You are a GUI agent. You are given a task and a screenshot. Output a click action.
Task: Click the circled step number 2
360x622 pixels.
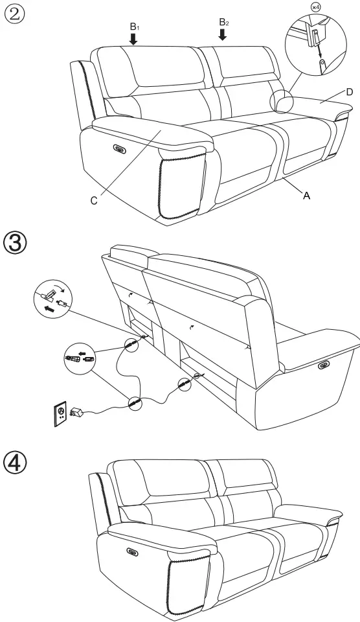(x=15, y=14)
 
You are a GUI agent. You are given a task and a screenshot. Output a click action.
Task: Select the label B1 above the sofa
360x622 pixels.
(x=134, y=27)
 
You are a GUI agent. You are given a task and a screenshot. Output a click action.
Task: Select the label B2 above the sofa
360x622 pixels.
(x=223, y=22)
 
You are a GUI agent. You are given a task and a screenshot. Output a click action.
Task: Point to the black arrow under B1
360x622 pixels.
(x=134, y=40)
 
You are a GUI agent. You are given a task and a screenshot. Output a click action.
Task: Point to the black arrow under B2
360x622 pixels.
(x=223, y=34)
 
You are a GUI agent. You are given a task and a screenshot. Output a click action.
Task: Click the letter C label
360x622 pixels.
(x=94, y=201)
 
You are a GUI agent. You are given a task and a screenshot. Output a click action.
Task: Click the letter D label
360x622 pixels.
(x=349, y=92)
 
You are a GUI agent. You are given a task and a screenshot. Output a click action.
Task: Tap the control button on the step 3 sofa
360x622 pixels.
(x=322, y=367)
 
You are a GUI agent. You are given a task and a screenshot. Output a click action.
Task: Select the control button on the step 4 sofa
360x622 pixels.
(x=133, y=552)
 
